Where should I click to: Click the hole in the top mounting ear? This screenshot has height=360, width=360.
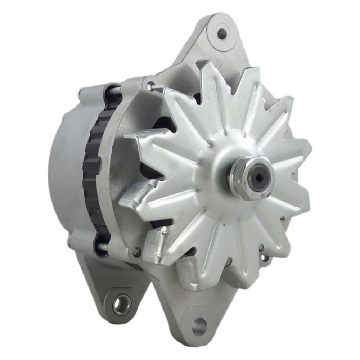point(222,33)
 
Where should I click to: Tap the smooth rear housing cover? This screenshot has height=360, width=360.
point(65,169)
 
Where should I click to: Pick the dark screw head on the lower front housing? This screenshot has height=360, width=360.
point(136,252)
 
